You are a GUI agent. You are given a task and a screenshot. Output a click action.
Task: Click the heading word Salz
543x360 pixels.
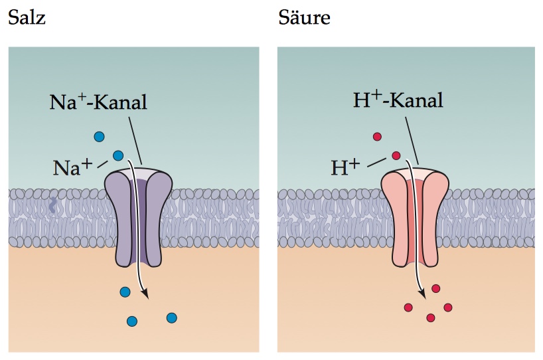pos(27,17)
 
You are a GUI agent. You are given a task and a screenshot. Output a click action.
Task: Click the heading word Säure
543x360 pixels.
pos(304,17)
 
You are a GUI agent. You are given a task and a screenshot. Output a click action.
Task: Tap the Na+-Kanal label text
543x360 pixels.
pos(98,102)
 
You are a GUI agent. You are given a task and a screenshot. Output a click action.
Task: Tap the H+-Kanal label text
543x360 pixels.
pos(398,100)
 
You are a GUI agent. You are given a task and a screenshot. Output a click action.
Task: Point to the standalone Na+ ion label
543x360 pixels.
pos(72,167)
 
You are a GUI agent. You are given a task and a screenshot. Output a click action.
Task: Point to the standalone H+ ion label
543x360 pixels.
pos(345,167)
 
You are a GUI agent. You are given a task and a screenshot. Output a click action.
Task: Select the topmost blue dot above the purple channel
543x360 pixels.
pos(100,137)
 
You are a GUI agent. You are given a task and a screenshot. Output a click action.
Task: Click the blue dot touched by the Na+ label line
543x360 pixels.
pos(118,155)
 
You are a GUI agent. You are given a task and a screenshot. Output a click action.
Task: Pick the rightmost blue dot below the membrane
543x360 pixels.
pos(172,317)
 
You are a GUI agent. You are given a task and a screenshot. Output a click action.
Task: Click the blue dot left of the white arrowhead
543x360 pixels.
pos(125,292)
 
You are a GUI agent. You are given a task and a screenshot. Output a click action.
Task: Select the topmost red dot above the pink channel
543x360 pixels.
pos(377,137)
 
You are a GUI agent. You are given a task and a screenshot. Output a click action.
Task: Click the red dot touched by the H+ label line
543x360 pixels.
pos(396,155)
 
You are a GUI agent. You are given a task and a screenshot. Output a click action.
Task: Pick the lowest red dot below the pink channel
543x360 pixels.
pos(431,317)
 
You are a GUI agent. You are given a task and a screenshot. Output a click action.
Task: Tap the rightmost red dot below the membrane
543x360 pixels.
pos(448,308)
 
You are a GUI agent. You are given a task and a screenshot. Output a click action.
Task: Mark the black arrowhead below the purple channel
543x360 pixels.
pos(145,294)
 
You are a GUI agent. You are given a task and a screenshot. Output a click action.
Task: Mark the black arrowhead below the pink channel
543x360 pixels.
pos(422,293)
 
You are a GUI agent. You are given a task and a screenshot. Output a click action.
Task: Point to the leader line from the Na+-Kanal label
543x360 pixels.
pos(135,140)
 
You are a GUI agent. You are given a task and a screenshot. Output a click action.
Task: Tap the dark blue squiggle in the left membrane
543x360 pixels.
pos(52,205)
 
